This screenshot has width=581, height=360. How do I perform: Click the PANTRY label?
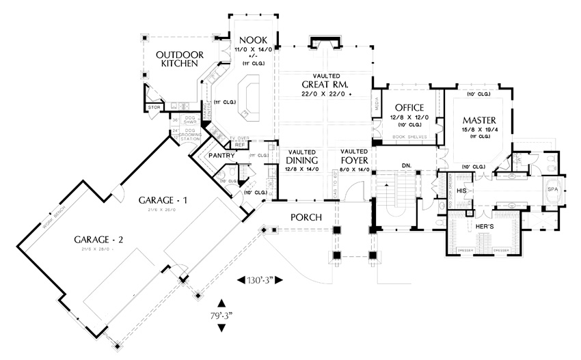(x=222, y=156)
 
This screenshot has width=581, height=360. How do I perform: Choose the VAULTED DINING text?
(x=301, y=156)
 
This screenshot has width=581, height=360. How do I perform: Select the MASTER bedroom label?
(x=478, y=120)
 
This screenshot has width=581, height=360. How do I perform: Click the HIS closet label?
(x=461, y=191)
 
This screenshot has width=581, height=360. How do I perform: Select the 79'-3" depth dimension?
(x=221, y=315)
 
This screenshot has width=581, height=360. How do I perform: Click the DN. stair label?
(x=405, y=165)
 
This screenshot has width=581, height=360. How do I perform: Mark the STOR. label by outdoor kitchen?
(x=154, y=107)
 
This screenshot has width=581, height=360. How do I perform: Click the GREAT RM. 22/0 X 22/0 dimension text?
(x=327, y=94)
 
